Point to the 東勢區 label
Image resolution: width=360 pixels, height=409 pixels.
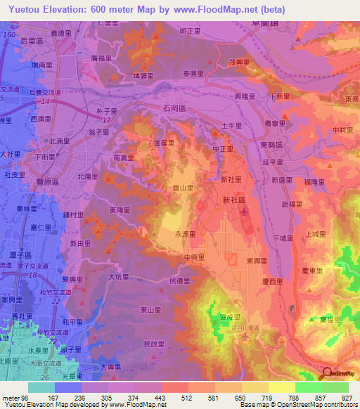pos(270,145)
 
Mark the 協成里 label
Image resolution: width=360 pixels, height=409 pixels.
pos(230,317)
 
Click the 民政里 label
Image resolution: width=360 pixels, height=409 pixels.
pos(153,344)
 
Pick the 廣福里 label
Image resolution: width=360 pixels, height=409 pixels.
pos(103,59)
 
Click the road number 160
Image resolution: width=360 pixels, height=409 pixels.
pos(9,34)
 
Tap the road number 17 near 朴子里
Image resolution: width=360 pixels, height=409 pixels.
pos(106,121)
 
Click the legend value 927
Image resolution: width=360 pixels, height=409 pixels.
pos(346,396)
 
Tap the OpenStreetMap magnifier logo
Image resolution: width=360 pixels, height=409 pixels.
pos(326,373)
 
